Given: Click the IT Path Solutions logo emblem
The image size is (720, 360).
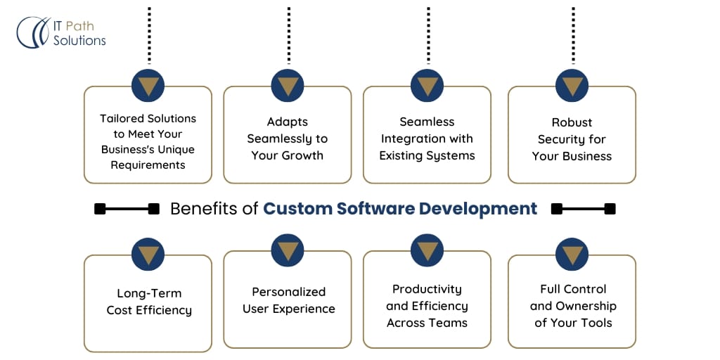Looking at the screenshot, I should tap(32, 32).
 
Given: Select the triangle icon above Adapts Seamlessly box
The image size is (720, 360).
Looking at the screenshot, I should tap(287, 86).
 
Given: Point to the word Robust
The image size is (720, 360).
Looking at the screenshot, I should tap(572, 122).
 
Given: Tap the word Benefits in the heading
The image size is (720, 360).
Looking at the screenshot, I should tap(203, 209).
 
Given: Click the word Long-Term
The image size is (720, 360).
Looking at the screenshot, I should tap(149, 294).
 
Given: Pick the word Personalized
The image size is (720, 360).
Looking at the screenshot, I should tap(289, 291).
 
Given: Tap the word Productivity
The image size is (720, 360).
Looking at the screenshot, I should tap(427, 289).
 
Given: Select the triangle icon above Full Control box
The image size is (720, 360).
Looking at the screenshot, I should tap(572, 254).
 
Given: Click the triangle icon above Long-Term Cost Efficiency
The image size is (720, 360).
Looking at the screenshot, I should tap(148, 254).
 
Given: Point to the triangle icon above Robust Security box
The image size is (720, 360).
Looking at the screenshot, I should tap(572, 86).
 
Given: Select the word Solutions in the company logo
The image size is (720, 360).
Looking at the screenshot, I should tap(79, 41).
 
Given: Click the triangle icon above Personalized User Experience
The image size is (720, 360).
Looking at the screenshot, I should tap(287, 250).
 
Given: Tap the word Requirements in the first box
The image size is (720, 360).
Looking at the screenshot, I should tap(148, 165).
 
